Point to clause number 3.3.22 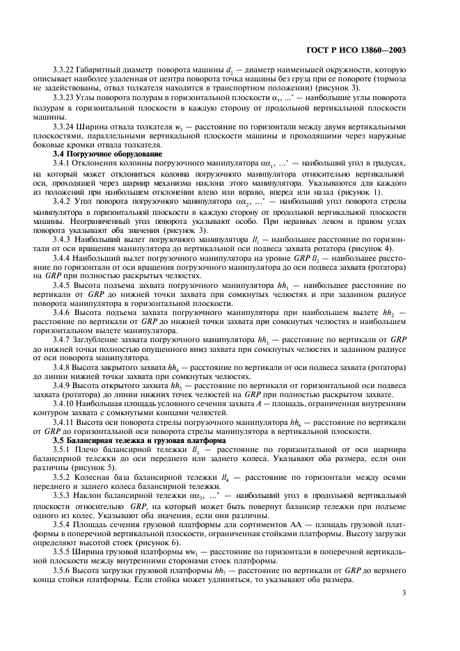[x=66, y=70]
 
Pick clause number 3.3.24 [x=66, y=127]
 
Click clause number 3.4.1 [x=64, y=161]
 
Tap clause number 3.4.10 [x=66, y=403]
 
